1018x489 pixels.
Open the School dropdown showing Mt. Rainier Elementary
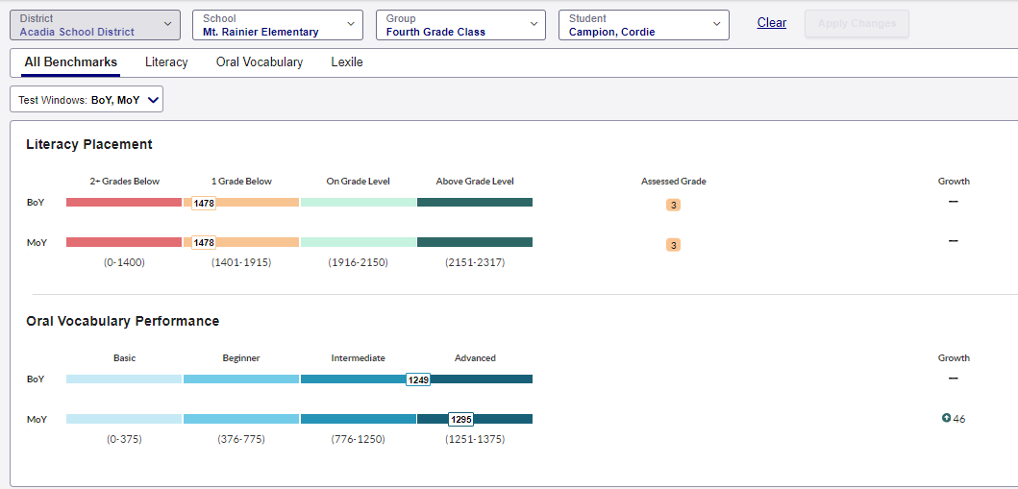coord(277,25)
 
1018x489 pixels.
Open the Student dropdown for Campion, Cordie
coord(643,25)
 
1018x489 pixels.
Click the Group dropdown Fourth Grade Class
coord(460,25)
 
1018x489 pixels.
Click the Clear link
coord(771,23)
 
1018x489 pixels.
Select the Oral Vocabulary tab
coord(260,62)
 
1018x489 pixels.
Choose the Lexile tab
coord(347,62)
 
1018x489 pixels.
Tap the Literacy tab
coord(166,62)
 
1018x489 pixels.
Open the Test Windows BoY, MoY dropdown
coord(87,100)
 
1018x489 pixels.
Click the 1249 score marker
coord(418,379)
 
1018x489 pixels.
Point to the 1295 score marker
coord(461,420)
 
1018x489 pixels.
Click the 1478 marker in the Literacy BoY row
coord(204,203)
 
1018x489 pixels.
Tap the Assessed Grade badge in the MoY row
coord(673,245)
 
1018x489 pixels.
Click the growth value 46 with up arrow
coord(954,419)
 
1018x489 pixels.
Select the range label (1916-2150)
coord(358,262)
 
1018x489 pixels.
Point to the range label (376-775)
coord(241,439)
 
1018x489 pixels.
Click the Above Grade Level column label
coord(475,182)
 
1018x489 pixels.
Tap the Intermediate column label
coord(358,358)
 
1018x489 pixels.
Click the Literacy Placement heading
coord(89,145)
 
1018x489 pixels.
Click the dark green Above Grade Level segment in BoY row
coord(475,203)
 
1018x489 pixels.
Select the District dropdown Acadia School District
coord(94,25)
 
